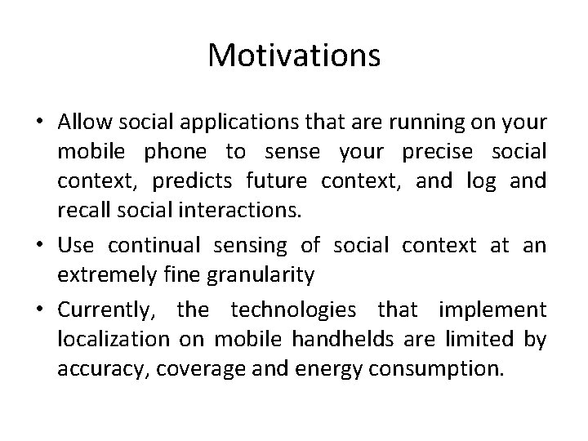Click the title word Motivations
294,56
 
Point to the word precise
403,153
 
